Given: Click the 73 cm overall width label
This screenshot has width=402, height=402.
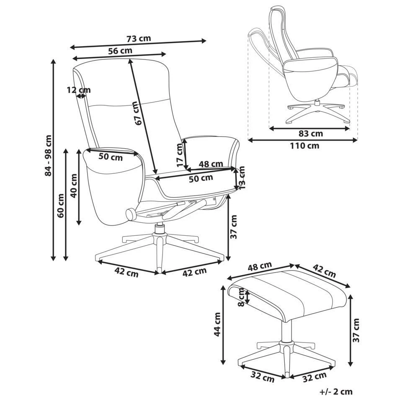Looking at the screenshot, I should [x=138, y=39].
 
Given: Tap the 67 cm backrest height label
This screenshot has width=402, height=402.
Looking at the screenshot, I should [x=137, y=113].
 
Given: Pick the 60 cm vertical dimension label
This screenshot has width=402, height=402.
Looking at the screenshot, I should [x=61, y=206].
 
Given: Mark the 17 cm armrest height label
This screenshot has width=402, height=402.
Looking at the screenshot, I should [x=180, y=155].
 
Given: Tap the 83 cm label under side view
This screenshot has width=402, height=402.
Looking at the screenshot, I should [x=311, y=134].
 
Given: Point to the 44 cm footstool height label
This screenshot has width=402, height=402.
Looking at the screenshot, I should [x=217, y=325].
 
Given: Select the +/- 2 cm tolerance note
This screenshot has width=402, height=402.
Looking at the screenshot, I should [x=335, y=392].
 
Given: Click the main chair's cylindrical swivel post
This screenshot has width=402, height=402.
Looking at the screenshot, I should [x=159, y=229].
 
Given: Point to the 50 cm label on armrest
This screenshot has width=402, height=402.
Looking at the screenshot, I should [x=111, y=157].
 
